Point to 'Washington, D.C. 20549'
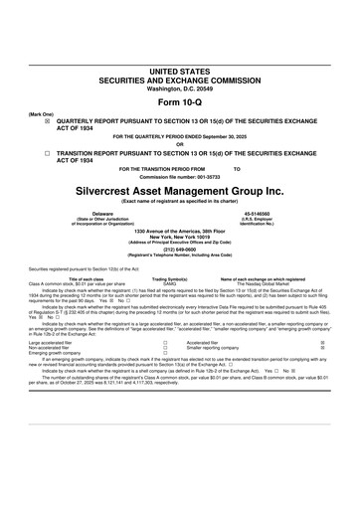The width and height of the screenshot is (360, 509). click(179, 89)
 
